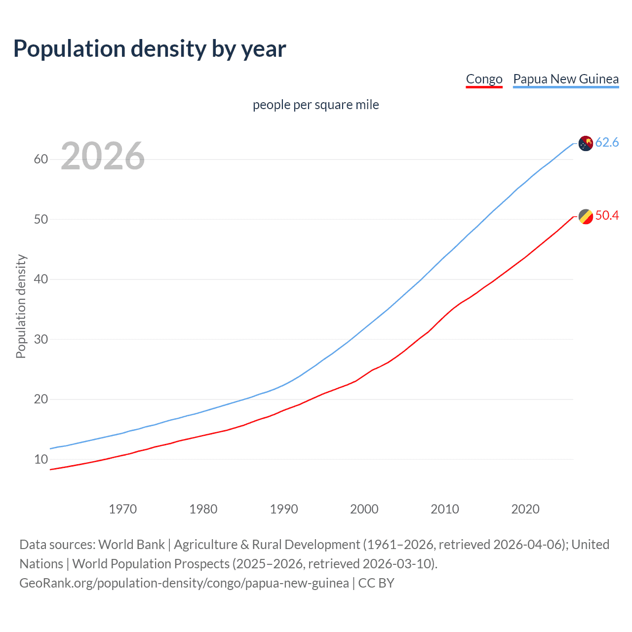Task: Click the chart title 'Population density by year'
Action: point(150,49)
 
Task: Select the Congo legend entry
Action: point(484,79)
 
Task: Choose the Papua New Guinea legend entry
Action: point(566,79)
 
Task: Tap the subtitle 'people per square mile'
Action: point(316,105)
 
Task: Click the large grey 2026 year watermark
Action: point(103,156)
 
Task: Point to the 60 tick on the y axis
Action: point(41,159)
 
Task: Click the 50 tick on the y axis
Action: point(41,219)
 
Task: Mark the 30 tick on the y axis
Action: point(41,339)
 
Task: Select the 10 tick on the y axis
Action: point(41,459)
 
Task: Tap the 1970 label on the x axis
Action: point(123,509)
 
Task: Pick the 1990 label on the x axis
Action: point(284,509)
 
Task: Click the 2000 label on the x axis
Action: point(364,509)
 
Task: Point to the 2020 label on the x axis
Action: point(525,509)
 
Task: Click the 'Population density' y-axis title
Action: point(21,306)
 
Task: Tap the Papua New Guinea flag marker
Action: point(586,143)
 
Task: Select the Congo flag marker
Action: point(586,216)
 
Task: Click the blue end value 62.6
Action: point(607,143)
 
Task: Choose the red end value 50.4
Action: point(607,216)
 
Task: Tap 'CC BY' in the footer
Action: point(376,583)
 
